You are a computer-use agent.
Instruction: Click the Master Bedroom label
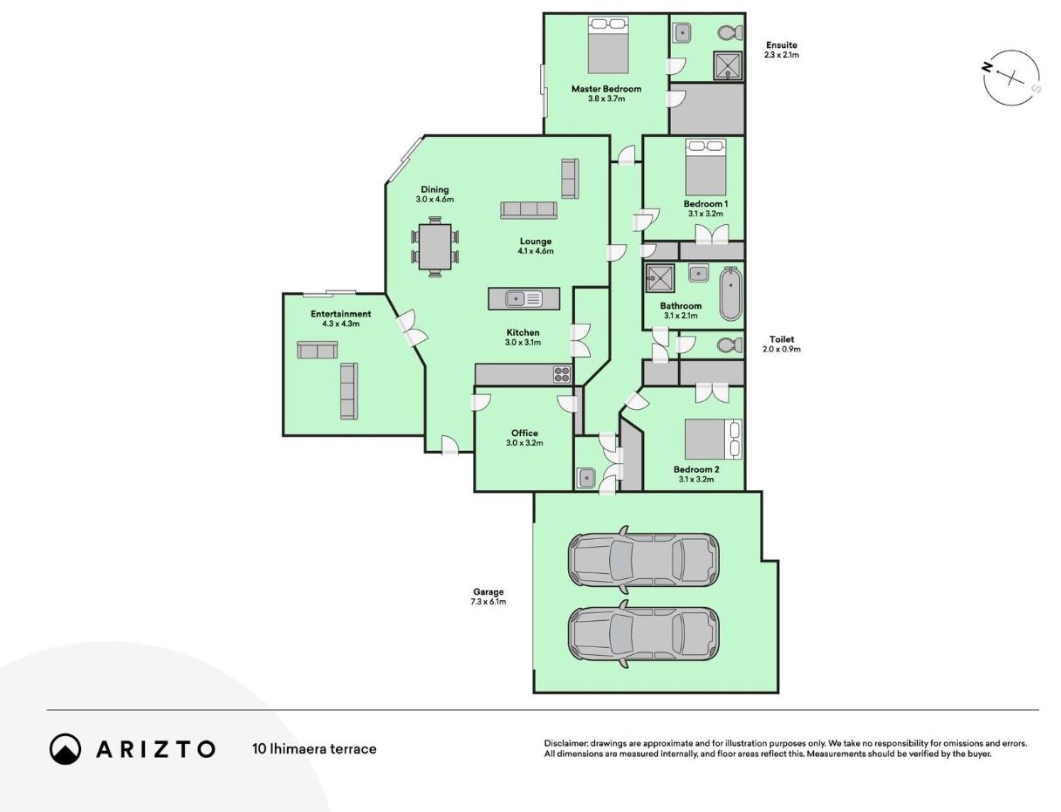(606, 89)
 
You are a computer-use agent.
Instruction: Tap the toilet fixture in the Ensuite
(729, 32)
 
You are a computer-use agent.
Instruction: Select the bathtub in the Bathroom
(730, 294)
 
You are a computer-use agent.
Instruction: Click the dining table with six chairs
(435, 247)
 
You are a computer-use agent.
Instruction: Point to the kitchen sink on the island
(524, 298)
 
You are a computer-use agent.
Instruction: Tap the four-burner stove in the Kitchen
(562, 374)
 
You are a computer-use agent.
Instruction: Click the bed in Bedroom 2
(714, 439)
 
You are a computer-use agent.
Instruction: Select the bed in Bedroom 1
(706, 167)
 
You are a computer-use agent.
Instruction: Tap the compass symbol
(1011, 78)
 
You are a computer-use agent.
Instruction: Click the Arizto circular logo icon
(65, 748)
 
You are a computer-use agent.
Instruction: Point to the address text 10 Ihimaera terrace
(314, 749)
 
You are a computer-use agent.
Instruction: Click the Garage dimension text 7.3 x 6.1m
(489, 602)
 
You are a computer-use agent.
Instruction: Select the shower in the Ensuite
(728, 65)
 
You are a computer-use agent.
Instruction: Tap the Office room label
(524, 433)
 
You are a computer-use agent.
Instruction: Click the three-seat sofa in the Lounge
(528, 210)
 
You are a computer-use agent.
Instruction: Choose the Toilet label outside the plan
(781, 339)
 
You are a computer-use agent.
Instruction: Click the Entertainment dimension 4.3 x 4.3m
(341, 324)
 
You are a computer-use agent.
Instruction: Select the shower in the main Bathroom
(660, 278)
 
